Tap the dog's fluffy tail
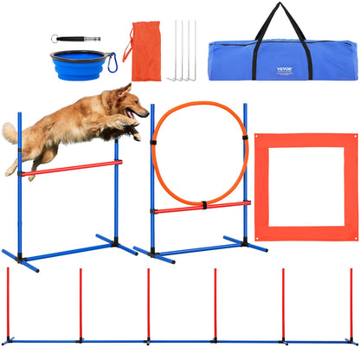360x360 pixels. click(x=11, y=132)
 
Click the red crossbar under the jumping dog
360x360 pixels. click(x=69, y=167)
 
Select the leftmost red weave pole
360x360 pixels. click(x=8, y=303)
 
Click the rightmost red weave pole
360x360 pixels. click(x=350, y=303)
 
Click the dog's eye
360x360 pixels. click(x=132, y=99)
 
